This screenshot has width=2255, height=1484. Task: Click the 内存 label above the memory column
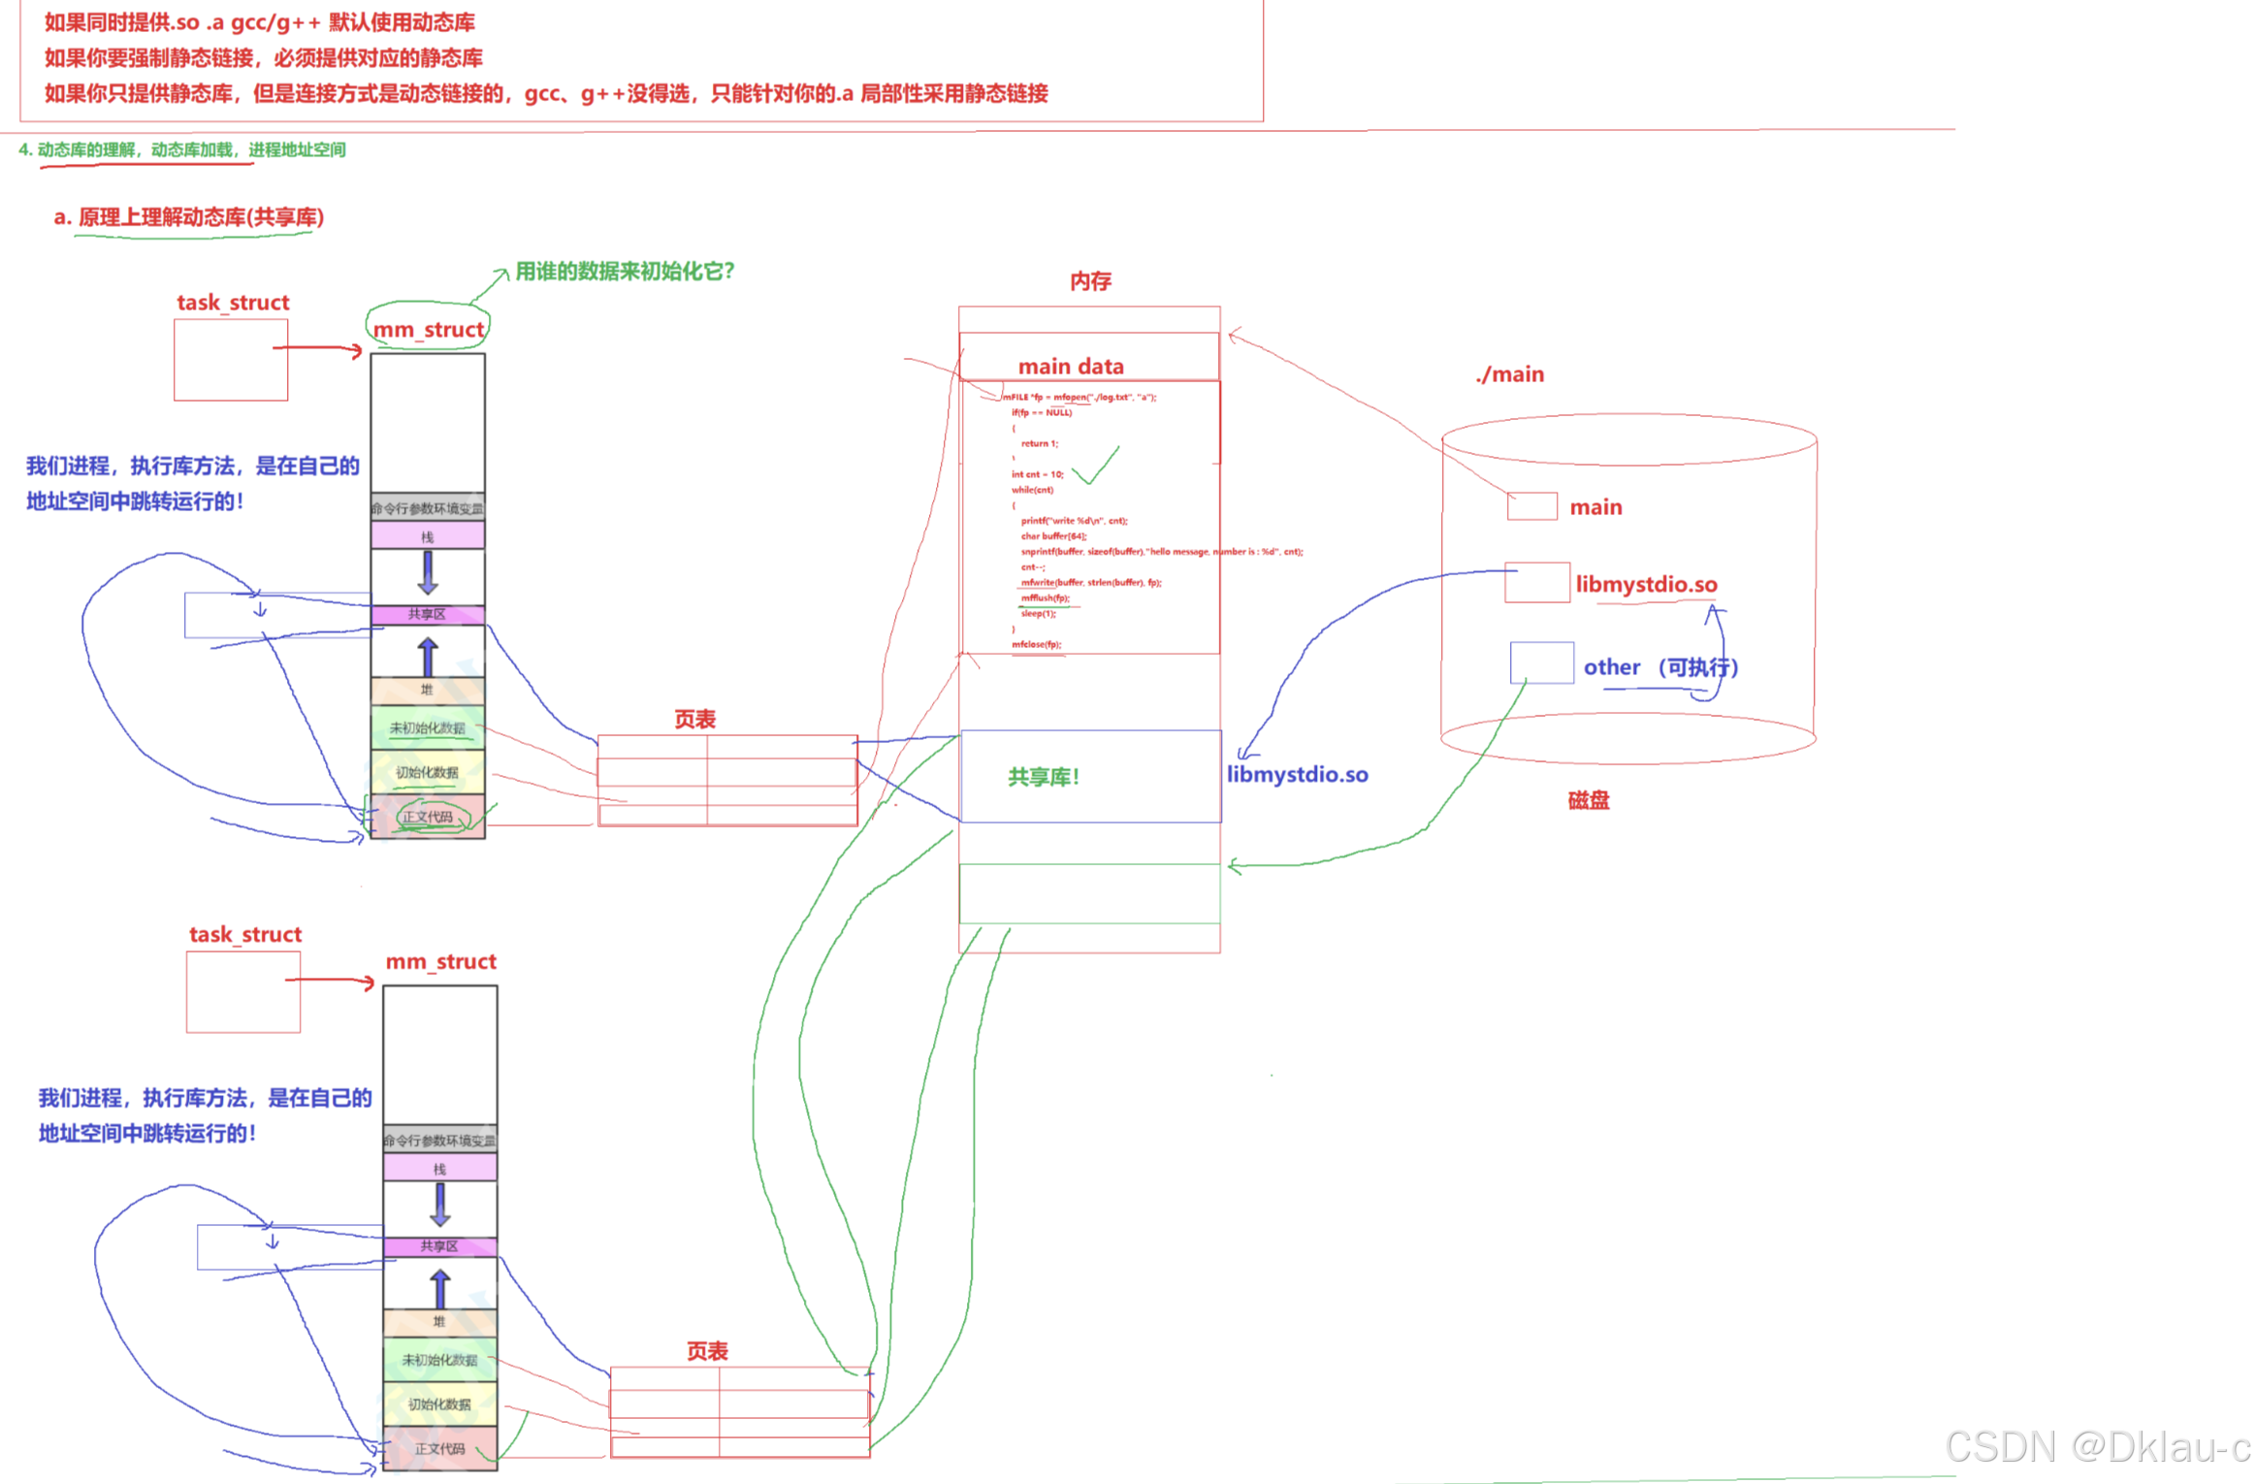[1089, 281]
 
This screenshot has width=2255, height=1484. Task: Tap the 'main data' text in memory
[1070, 367]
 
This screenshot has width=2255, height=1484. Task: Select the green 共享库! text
[1043, 777]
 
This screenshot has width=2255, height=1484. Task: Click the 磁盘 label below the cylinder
[1587, 800]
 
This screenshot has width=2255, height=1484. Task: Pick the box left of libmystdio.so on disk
[1536, 583]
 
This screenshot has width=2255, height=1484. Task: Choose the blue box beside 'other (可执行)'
[1540, 663]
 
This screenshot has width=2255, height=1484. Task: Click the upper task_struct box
[231, 360]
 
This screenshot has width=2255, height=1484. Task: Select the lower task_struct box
[243, 991]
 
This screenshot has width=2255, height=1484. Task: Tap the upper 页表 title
[694, 720]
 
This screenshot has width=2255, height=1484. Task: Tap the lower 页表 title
[707, 1351]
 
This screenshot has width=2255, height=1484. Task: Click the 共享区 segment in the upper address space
[427, 615]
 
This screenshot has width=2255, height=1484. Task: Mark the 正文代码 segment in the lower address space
[439, 1448]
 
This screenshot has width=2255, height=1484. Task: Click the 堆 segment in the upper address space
[427, 690]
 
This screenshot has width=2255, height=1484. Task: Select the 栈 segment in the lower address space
[439, 1169]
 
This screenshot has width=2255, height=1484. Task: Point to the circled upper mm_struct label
[428, 330]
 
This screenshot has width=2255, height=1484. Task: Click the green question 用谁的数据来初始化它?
[624, 272]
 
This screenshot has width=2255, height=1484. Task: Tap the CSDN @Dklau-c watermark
[2096, 1447]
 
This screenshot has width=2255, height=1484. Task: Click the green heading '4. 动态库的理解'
[181, 149]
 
